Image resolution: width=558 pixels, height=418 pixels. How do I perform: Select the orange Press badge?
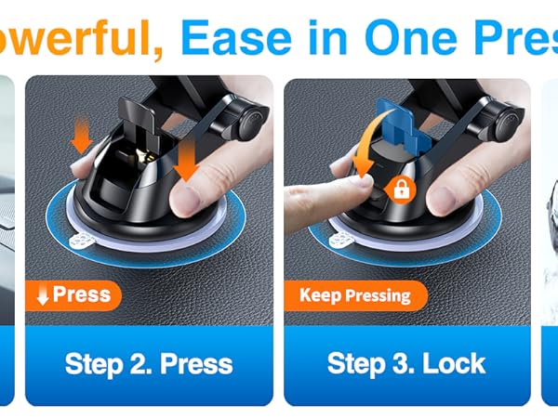tap(74, 295)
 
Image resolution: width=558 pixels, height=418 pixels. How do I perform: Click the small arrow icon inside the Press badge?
tap(42, 295)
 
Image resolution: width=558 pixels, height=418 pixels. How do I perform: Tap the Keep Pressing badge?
tap(354, 296)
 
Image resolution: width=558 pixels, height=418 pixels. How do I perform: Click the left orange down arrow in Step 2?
tap(81, 137)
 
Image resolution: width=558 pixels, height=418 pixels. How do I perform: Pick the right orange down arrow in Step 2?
tap(187, 159)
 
